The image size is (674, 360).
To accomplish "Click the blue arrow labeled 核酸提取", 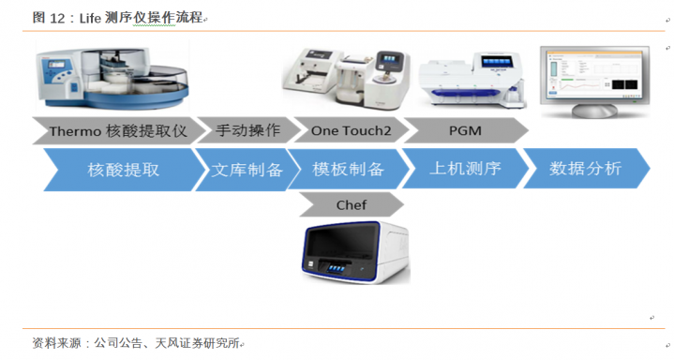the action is pos(124,170).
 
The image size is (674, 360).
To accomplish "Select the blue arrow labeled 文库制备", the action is pos(247,170).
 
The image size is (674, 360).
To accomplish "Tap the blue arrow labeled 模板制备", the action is pos(348,169).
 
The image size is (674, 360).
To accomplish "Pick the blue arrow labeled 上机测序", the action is pos(465,168).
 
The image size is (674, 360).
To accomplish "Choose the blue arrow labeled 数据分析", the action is pos(586,168).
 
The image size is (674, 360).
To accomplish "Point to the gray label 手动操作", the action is pos(247,130).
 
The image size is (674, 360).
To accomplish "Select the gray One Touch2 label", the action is pos(351,130).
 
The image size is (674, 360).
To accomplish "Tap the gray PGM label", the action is pos(465,130).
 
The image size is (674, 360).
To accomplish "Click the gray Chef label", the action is pos(352,204).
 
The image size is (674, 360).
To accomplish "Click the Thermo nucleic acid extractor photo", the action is pos(112,78).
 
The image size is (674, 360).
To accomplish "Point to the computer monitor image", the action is pos(595,82).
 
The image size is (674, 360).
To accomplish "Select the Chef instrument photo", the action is pos(356,252).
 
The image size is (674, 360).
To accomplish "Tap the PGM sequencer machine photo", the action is pos(472,81).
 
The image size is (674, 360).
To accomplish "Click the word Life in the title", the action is pos(90,18).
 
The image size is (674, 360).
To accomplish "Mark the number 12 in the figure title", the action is pos(57,18).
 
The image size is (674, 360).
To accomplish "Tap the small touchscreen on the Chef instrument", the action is pos(336,268).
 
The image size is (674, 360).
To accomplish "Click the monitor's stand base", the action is pos(594,111).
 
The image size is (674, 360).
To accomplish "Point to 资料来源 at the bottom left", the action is pos(57,343).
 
